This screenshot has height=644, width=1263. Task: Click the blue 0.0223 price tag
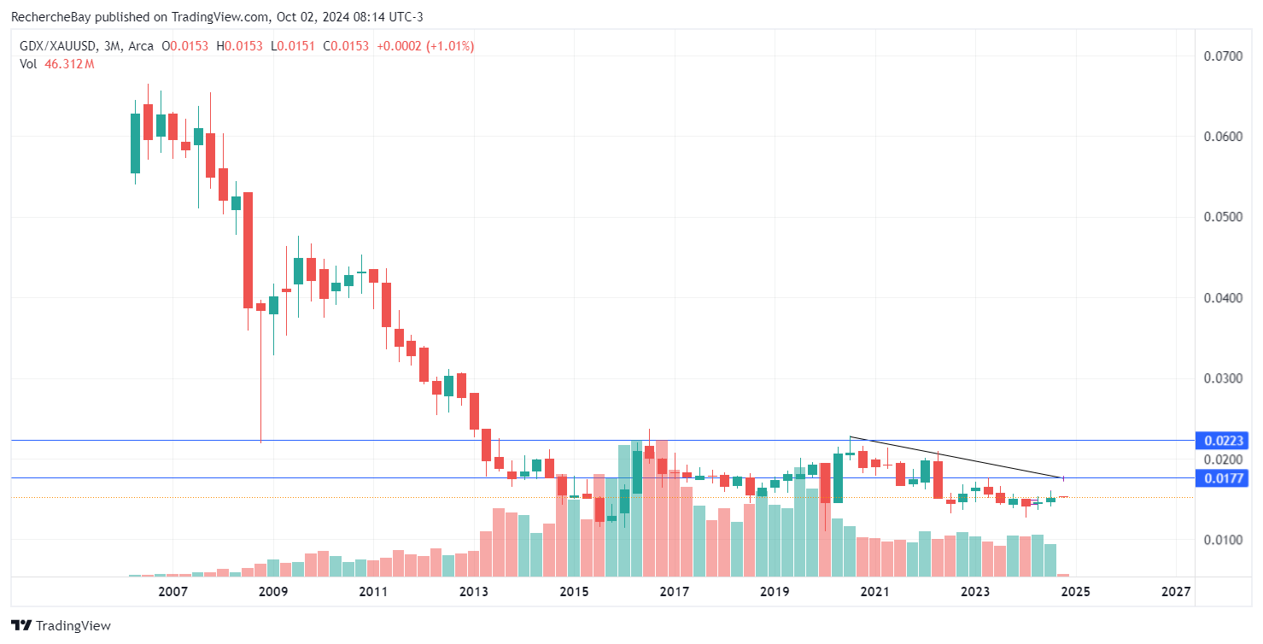(1227, 441)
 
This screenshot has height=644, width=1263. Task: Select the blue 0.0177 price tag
(1227, 478)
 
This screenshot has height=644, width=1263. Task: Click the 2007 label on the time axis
(173, 592)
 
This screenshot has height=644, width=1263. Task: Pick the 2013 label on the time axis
(474, 592)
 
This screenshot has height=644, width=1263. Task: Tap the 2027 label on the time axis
(1176, 592)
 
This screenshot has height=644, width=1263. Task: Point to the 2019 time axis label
(775, 592)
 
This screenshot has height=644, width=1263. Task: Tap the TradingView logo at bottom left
(61, 625)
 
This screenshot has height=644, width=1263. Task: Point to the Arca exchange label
(143, 46)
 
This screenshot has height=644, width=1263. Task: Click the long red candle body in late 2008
(248, 249)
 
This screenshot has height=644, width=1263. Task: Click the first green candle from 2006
(135, 143)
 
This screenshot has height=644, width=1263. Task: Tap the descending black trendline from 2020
(956, 458)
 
